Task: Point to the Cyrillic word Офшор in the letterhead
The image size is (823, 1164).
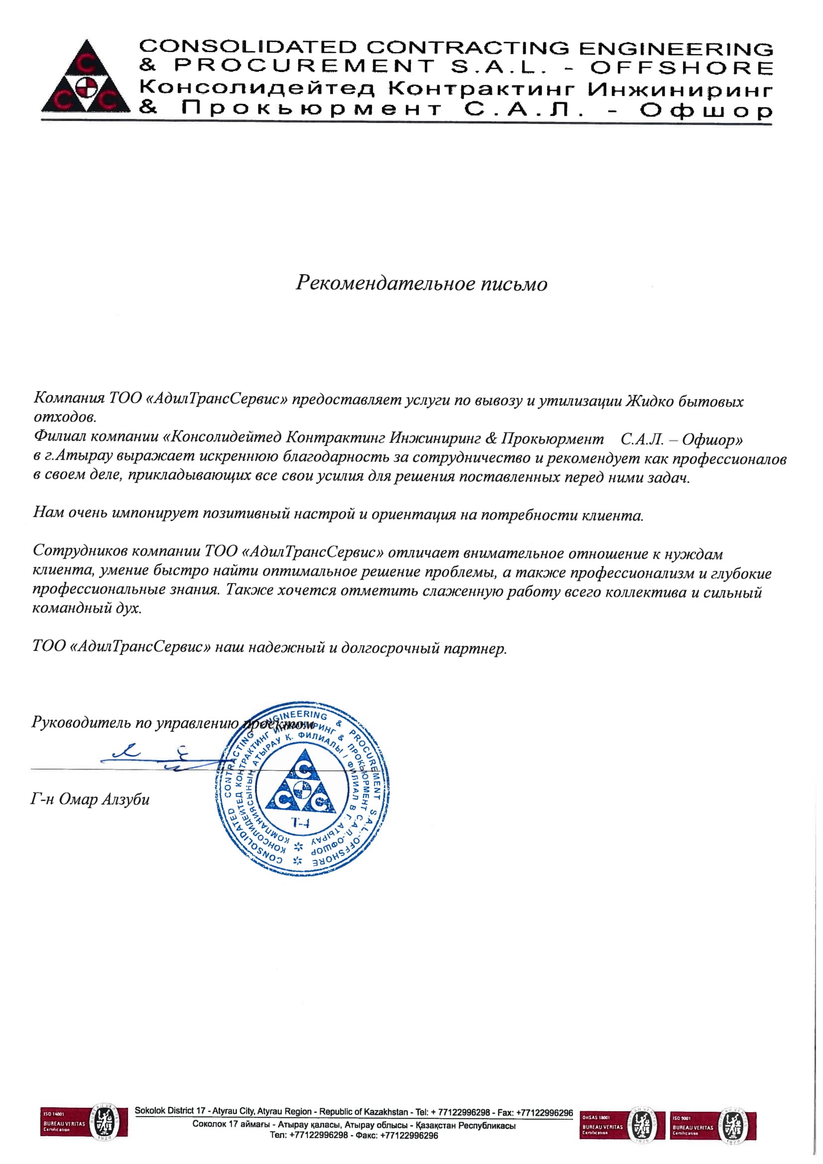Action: point(705,110)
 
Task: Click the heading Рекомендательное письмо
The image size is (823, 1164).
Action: point(421,283)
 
